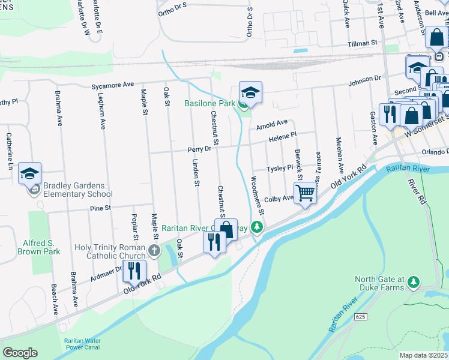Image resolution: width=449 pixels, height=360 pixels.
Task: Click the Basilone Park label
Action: [x=209, y=104]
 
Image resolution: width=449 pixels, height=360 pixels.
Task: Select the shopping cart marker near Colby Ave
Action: [x=306, y=193]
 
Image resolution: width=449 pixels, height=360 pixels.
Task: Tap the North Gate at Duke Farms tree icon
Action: [x=413, y=281]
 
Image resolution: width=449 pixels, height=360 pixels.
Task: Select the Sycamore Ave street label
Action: [x=112, y=86]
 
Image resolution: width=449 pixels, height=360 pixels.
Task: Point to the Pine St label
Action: [x=100, y=208]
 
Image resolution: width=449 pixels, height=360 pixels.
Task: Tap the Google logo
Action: [x=20, y=353]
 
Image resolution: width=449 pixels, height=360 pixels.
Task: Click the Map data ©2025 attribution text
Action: [x=423, y=355]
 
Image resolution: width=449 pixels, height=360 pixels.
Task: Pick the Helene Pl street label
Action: [x=282, y=137]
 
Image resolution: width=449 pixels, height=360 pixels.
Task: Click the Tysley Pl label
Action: [x=279, y=169]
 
